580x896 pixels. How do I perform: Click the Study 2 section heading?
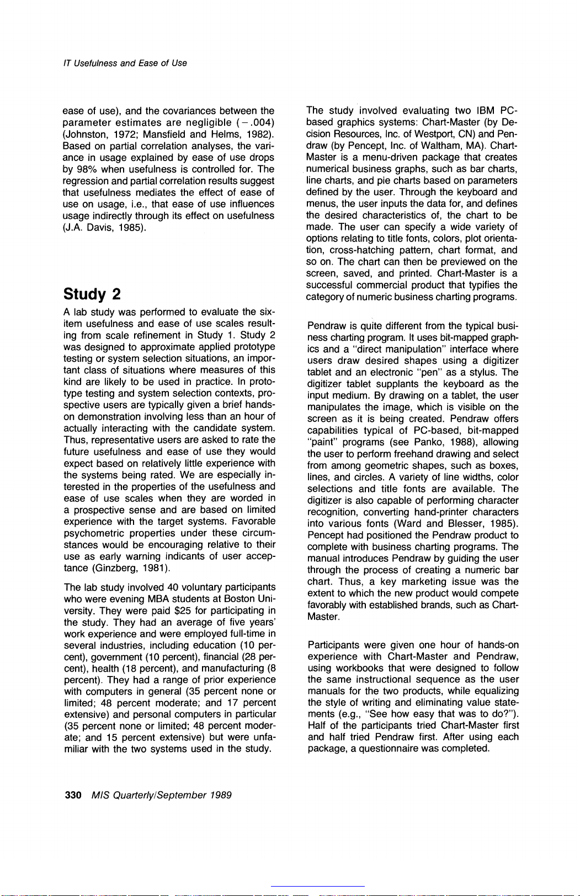[x=92, y=293]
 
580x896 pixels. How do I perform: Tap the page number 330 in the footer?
[x=73, y=795]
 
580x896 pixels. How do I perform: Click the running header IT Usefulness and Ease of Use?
[x=125, y=63]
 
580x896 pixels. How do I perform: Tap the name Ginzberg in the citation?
[x=116, y=567]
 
